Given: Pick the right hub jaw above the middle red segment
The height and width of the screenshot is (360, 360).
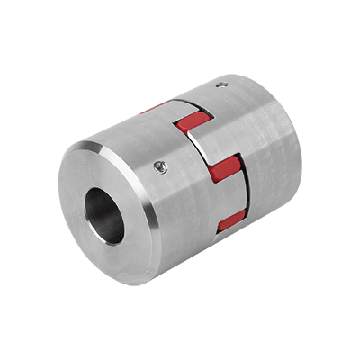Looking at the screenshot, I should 193,106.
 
